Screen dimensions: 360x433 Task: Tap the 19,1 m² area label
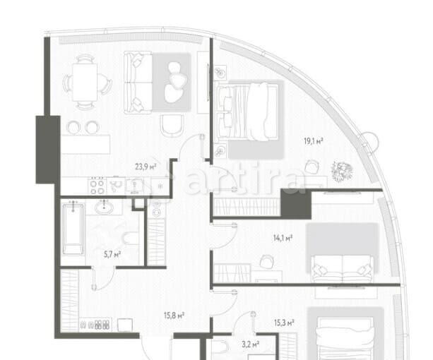[314, 141]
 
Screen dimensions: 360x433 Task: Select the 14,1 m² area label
[283, 238]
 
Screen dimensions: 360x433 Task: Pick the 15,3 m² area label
[284, 323]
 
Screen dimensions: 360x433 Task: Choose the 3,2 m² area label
[250, 344]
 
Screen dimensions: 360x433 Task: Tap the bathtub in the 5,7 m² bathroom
[73, 228]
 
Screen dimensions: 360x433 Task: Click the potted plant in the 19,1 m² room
[343, 172]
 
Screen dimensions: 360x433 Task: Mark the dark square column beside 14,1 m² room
[296, 204]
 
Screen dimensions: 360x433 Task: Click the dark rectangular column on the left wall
[47, 150]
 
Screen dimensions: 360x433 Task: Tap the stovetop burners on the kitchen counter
[97, 186]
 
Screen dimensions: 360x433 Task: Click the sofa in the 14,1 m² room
[343, 268]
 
